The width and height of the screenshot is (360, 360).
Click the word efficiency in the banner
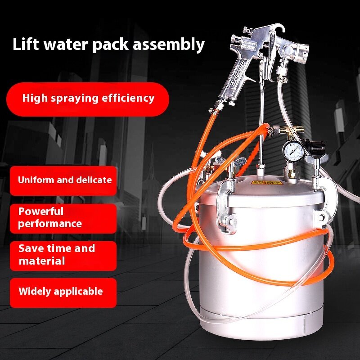click(x=130, y=98)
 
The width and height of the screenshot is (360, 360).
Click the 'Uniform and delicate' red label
click(x=64, y=180)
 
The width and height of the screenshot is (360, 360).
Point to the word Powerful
click(x=41, y=211)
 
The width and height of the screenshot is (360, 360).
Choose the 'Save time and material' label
click(x=57, y=255)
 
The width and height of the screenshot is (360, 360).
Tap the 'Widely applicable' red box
click(x=61, y=292)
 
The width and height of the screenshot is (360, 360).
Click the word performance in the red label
click(x=50, y=224)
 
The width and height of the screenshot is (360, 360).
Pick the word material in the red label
click(x=42, y=261)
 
